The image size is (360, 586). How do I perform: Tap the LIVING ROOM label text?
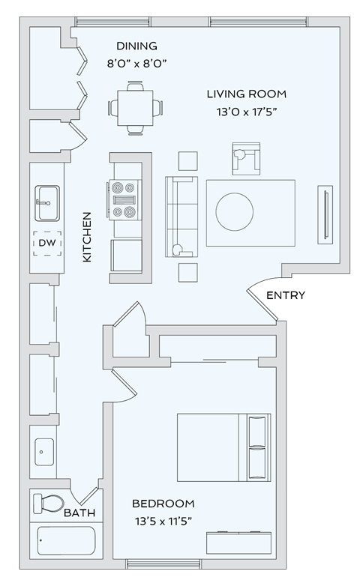(247, 94)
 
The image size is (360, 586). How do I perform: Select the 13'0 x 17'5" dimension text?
(247, 113)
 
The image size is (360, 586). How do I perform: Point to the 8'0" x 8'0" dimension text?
(136, 64)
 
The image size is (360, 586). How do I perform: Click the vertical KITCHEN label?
(86, 237)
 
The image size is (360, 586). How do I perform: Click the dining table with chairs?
(136, 109)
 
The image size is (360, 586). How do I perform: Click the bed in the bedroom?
(223, 447)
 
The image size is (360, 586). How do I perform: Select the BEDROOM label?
(163, 504)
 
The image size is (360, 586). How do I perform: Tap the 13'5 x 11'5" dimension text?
(163, 522)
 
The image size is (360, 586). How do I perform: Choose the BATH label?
(79, 513)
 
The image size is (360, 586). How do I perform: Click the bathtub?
(66, 540)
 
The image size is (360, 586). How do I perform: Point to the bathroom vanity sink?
(44, 453)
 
